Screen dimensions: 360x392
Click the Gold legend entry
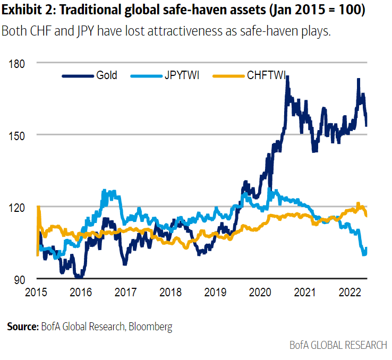tap(106, 75)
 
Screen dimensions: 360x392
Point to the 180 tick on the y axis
tap(18, 63)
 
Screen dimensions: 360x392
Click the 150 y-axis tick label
tap(18, 135)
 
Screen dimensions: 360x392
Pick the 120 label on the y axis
tap(18, 207)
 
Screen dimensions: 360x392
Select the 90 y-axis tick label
tap(20, 279)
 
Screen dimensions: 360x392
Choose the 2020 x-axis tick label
tap(260, 292)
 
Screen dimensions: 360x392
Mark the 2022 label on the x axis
tap(350, 292)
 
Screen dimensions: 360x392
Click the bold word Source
tap(22, 327)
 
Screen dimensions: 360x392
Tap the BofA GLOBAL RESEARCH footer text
tap(338, 345)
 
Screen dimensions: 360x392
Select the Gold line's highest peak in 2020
tap(287, 77)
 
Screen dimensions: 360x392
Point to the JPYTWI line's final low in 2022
tap(364, 254)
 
